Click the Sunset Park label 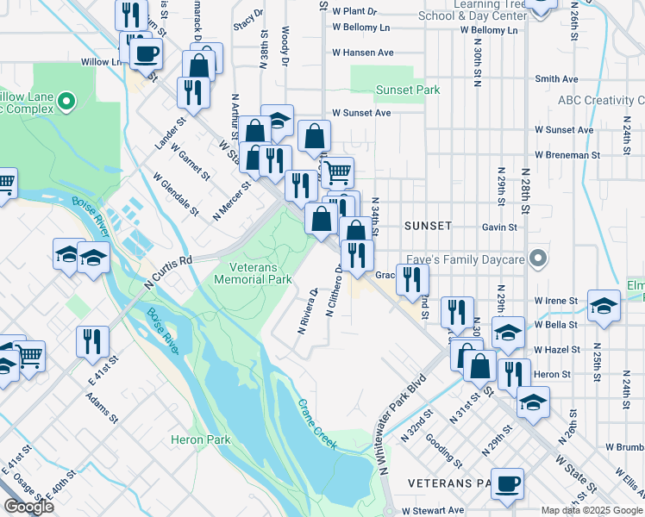coord(408,90)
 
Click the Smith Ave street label coord(556,78)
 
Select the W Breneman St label coord(567,155)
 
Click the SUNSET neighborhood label coord(428,225)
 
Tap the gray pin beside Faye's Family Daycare coord(539,258)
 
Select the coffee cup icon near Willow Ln coord(145,54)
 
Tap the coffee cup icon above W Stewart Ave coord(508,483)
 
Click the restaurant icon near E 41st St coord(92,340)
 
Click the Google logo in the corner coord(29,507)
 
